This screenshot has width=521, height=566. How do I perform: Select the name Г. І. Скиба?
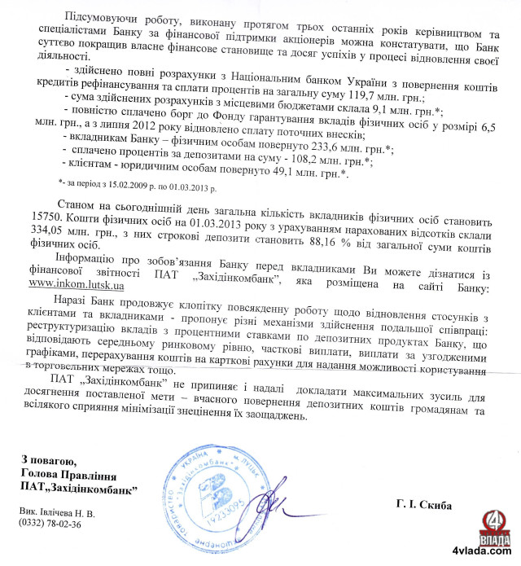[x=424, y=504]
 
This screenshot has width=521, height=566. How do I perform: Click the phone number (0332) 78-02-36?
[x=53, y=524]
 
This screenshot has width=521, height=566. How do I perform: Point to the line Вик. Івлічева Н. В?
[x=59, y=513]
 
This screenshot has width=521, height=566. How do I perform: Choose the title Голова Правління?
[x=69, y=475]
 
